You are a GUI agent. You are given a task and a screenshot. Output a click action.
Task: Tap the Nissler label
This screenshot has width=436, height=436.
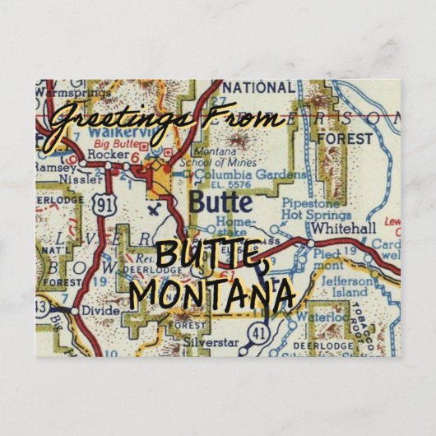(86, 176)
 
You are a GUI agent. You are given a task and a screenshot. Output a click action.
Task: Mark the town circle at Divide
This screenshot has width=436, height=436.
(72, 311)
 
